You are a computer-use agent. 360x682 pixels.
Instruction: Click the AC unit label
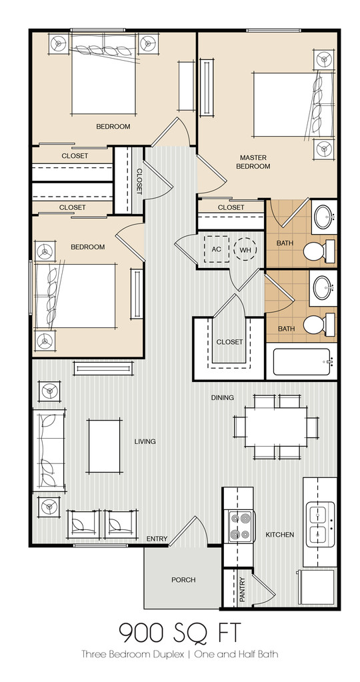click(x=216, y=249)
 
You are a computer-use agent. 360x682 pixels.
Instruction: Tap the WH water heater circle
click(x=245, y=249)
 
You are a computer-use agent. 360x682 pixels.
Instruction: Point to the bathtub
click(x=301, y=362)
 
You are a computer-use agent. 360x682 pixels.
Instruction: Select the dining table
click(x=275, y=426)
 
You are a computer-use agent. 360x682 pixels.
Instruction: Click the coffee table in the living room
click(x=105, y=446)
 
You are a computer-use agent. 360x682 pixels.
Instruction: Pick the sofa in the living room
click(x=49, y=450)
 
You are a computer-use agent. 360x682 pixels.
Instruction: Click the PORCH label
click(x=183, y=580)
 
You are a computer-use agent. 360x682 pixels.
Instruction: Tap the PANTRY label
click(x=242, y=590)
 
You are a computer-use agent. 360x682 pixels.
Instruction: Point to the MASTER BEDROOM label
click(x=253, y=162)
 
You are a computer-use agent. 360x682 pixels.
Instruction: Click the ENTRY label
click(x=157, y=539)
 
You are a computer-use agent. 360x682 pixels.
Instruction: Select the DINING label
click(x=223, y=397)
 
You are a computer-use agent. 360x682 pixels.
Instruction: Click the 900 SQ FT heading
click(x=179, y=633)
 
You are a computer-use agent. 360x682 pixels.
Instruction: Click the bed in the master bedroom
click(x=293, y=105)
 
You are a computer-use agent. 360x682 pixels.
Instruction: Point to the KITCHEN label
click(x=279, y=535)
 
